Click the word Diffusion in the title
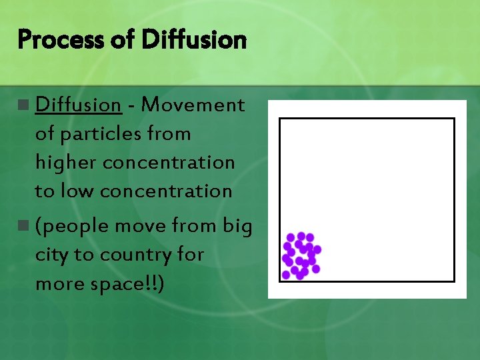[x=194, y=40]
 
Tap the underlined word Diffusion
[x=77, y=105]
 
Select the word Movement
[x=193, y=105]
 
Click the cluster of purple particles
[x=301, y=255]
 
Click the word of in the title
[x=121, y=41]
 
